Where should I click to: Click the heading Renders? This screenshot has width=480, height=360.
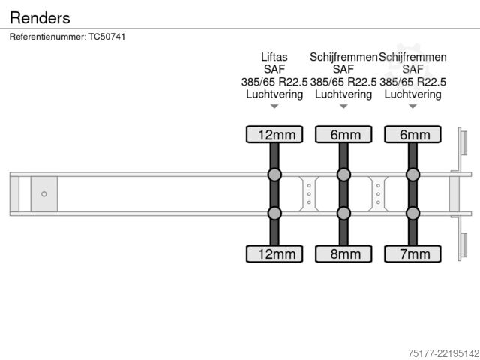(x=40, y=18)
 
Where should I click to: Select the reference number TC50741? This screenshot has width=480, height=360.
(x=107, y=37)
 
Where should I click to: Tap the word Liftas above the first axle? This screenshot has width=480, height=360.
(x=274, y=57)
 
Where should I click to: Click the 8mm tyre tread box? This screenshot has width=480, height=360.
(x=343, y=253)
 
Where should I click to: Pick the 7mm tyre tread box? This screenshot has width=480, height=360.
(x=412, y=253)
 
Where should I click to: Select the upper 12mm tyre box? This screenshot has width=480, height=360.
(x=274, y=134)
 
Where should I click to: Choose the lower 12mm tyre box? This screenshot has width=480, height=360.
(x=274, y=253)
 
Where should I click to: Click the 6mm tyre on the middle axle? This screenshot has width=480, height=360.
(x=343, y=134)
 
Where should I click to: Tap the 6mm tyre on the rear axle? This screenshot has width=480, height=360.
(x=412, y=134)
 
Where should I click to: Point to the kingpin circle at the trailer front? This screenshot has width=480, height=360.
(x=44, y=194)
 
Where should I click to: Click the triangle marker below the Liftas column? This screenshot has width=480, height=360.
(x=274, y=106)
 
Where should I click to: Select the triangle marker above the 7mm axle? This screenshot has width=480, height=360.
(x=412, y=106)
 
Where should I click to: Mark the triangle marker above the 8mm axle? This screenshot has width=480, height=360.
(x=343, y=106)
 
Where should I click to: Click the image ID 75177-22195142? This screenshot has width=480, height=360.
(x=444, y=353)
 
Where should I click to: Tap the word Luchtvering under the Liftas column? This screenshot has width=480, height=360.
(x=274, y=94)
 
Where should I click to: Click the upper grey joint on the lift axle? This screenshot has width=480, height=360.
(x=274, y=175)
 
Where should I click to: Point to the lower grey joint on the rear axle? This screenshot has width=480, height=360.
(x=412, y=213)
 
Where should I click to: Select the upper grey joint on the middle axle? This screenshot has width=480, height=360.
(x=343, y=175)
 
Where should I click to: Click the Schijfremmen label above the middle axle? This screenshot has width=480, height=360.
(x=343, y=57)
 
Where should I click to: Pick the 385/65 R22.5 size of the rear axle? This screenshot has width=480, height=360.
(x=412, y=82)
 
